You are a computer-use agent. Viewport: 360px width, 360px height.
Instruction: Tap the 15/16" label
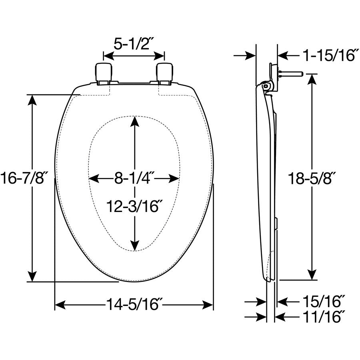click(x=324, y=301)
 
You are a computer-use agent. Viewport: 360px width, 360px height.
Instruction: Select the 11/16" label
click(x=324, y=317)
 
